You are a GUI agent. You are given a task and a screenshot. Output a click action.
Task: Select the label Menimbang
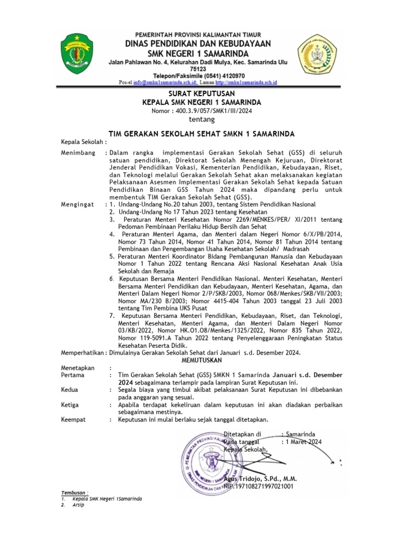click(x=78, y=152)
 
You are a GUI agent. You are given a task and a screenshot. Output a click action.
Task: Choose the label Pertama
click(x=73, y=375)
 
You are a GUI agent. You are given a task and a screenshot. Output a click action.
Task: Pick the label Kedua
click(x=70, y=390)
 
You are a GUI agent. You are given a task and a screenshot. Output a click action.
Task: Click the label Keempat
click(x=73, y=419)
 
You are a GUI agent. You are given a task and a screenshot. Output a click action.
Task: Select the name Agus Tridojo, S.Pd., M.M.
click(x=260, y=479)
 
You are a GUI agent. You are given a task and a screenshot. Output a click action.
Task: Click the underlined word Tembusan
click(x=75, y=492)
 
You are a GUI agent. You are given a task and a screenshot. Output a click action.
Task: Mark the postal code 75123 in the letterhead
click(x=201, y=69)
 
